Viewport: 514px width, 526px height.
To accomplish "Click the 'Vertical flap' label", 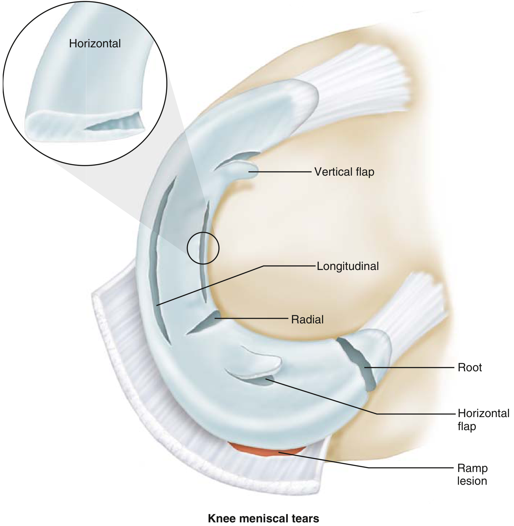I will point(344,172).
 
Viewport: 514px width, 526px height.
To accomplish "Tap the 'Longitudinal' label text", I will point(348,266).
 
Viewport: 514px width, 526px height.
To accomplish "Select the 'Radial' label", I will point(307,319).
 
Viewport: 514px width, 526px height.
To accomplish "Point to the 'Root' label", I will point(470,367).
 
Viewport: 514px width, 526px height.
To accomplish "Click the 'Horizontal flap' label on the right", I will point(483,420).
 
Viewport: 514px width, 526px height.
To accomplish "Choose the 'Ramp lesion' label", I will point(472,474).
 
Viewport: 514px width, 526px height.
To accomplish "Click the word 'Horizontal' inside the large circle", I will point(95,44).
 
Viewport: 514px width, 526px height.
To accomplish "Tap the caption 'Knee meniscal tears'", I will point(263,518).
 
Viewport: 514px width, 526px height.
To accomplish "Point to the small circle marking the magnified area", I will point(203,248).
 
